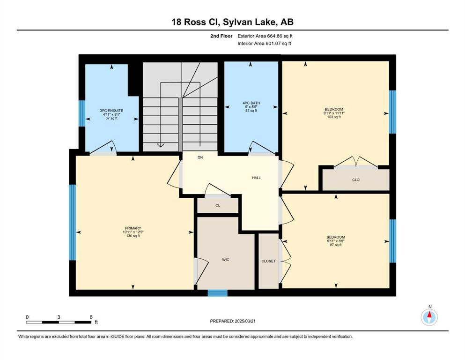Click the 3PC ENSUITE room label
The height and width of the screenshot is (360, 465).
pyautogui.click(x=111, y=111)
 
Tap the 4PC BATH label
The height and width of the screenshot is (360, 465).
pyautogui.click(x=251, y=103)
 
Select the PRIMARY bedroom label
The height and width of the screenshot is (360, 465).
pyautogui.click(x=133, y=228)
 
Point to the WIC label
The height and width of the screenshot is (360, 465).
pyautogui.click(x=226, y=260)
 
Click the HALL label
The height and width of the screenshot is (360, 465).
pyautogui.click(x=256, y=178)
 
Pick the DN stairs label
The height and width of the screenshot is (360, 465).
pyautogui.click(x=200, y=157)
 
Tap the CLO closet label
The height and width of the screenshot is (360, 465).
pyautogui.click(x=356, y=180)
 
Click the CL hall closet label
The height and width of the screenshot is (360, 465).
pyautogui.click(x=218, y=205)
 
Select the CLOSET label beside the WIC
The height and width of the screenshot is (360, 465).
pyautogui.click(x=268, y=261)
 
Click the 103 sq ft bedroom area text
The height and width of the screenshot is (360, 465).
pyautogui.click(x=334, y=117)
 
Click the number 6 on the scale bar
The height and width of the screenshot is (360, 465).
pyautogui.click(x=91, y=317)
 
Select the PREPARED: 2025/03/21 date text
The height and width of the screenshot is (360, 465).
pyautogui.click(x=232, y=321)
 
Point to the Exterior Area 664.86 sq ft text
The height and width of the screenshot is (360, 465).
pyautogui.click(x=265, y=36)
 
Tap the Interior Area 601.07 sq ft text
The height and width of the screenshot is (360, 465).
pyautogui.click(x=264, y=43)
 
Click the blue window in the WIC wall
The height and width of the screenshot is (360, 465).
pyautogui.click(x=217, y=293)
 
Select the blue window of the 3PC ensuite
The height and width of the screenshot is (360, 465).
pyautogui.click(x=82, y=113)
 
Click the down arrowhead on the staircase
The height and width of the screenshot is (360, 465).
pyautogui.click(x=161, y=145)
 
